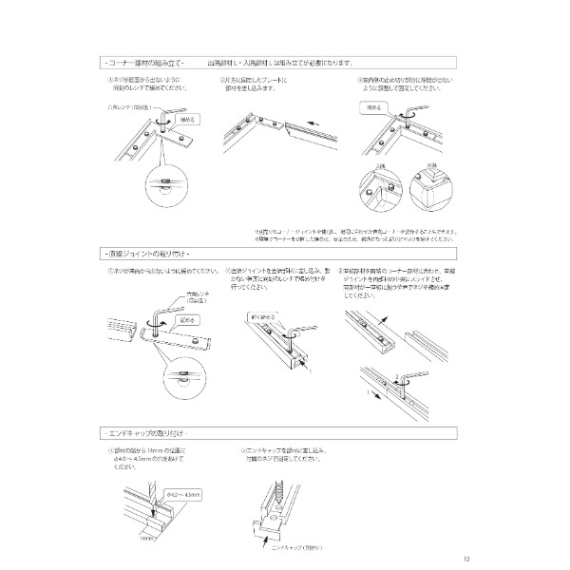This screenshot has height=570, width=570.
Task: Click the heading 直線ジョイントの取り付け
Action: pos(147,256)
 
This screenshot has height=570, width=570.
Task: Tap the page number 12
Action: pos(464,559)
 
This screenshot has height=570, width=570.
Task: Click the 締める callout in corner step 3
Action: pos(371,109)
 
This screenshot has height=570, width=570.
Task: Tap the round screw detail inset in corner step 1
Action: pos(163,183)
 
